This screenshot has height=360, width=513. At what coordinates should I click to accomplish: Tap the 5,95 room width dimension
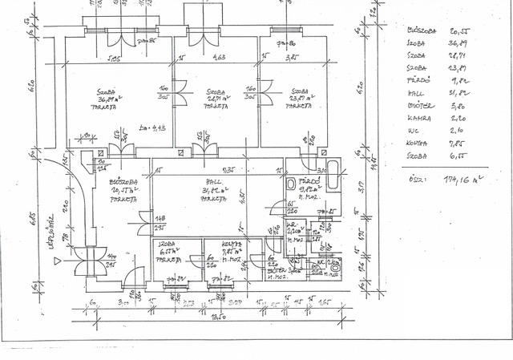pos(115,58)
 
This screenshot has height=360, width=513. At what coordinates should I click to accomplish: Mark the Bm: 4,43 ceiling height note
pos(149,128)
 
